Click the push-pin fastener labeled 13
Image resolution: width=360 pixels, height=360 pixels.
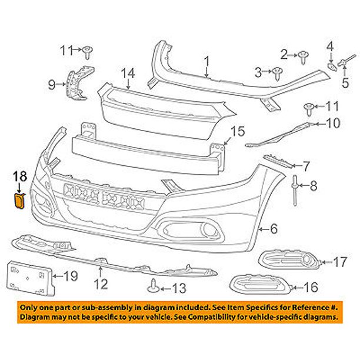click(x=153, y=286)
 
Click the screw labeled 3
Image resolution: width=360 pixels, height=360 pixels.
click(x=276, y=72)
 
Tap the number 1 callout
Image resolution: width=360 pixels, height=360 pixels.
click(x=206, y=61)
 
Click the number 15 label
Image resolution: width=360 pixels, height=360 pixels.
click(x=236, y=131)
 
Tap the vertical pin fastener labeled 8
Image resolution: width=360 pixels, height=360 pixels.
click(x=292, y=186)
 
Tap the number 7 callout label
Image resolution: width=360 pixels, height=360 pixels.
click(x=306, y=166)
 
